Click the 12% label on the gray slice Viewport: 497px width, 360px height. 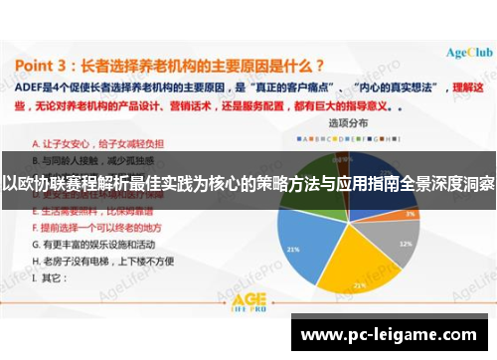[x=405, y=216]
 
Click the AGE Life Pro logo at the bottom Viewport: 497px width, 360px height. [x=248, y=300]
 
